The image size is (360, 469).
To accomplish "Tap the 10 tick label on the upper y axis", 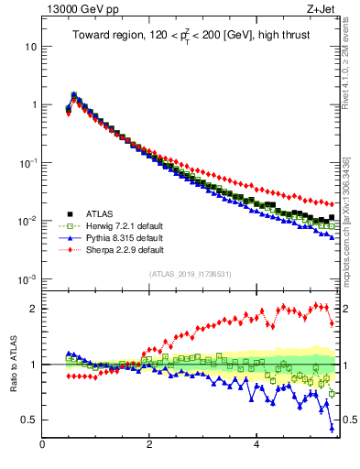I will (x=30, y=46).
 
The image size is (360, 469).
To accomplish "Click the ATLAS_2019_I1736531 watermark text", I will (x=191, y=274).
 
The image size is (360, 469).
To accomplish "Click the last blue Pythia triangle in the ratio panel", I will (x=332, y=428).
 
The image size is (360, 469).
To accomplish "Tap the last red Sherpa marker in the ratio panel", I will (x=332, y=322).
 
